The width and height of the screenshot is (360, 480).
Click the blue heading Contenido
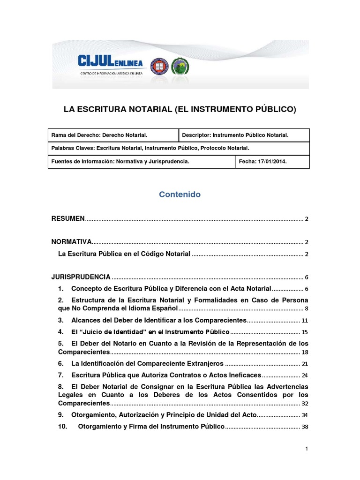(x=180, y=195)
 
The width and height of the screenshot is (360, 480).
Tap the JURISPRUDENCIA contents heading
(x=81, y=277)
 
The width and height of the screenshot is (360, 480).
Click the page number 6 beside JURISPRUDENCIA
(x=306, y=277)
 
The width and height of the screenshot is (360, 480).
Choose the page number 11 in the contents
(x=305, y=321)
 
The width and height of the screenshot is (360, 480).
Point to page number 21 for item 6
(x=305, y=364)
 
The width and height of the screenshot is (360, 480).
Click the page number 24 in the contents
(x=305, y=375)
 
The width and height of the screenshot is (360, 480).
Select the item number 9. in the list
(x=61, y=415)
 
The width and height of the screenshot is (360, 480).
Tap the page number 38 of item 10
(x=305, y=427)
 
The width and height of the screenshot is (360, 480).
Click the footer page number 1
(x=306, y=449)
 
